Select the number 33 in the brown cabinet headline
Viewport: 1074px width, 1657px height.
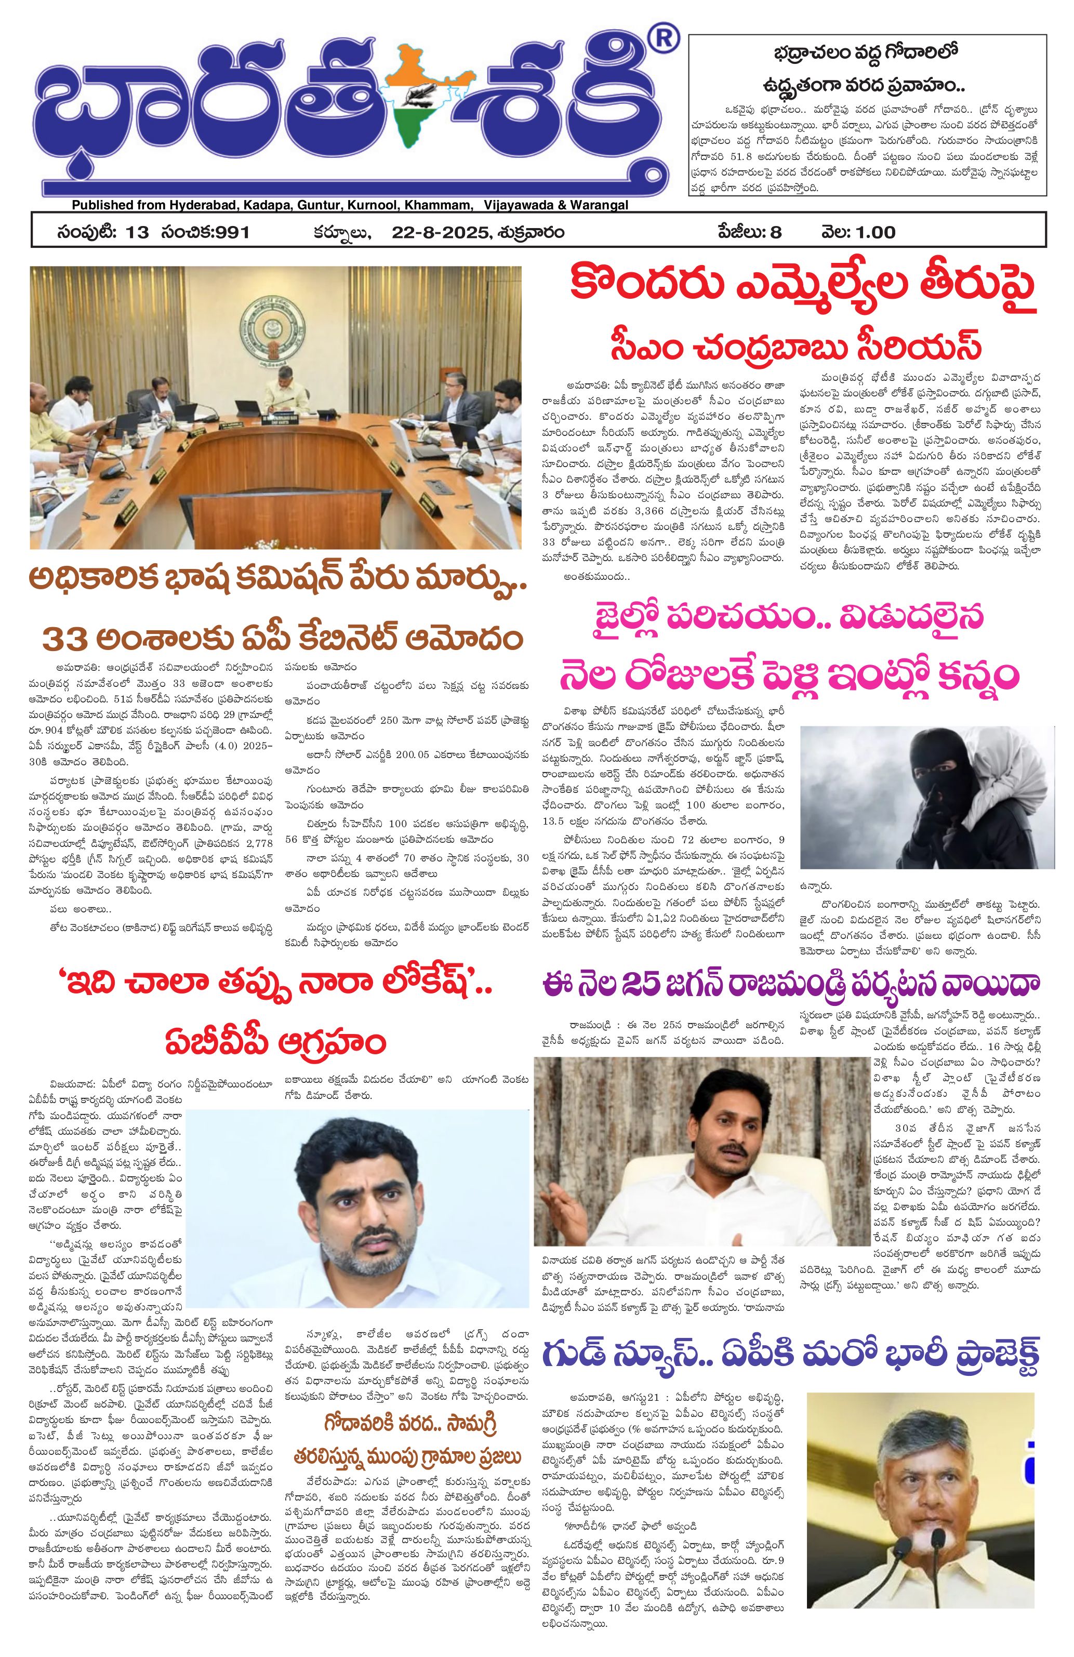(x=67, y=638)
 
